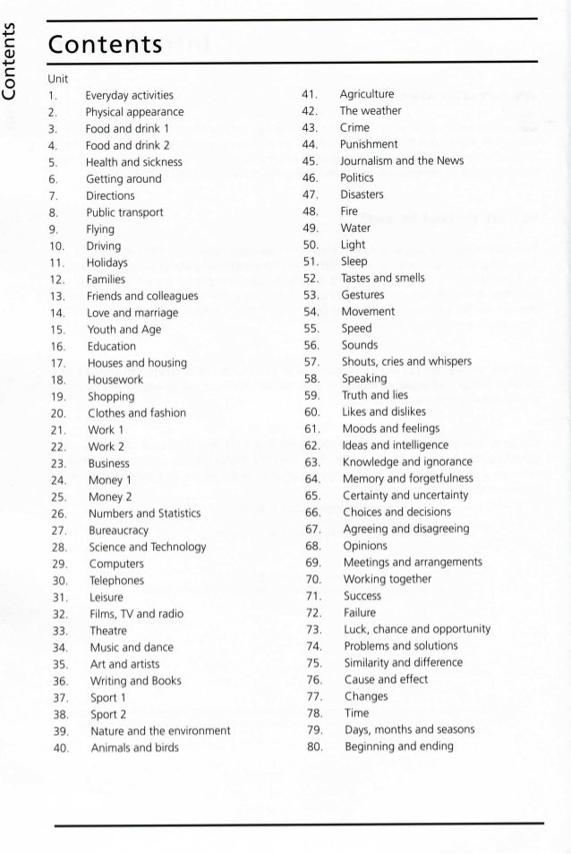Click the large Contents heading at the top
tap(105, 42)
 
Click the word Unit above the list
tap(59, 79)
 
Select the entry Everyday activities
tap(129, 95)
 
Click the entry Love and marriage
tap(132, 313)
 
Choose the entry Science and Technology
tap(147, 547)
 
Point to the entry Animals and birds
tap(134, 747)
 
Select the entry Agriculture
tap(367, 93)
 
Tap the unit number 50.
tap(311, 245)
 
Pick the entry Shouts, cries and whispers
tap(406, 361)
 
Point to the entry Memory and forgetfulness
tap(407, 479)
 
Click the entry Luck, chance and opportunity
tap(417, 629)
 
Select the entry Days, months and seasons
tap(410, 729)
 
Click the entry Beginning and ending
tap(399, 746)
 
